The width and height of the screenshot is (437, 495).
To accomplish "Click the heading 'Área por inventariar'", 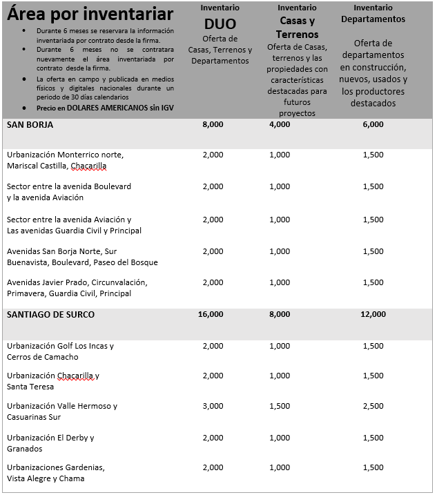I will [90, 14].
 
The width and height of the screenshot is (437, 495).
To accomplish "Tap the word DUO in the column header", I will [220, 24].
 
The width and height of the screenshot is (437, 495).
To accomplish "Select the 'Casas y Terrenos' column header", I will [297, 28].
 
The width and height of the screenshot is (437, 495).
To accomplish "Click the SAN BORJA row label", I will [30, 125].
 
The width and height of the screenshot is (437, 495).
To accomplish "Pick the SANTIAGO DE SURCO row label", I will [51, 314].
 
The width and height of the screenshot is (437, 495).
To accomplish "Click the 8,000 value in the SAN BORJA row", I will [213, 125].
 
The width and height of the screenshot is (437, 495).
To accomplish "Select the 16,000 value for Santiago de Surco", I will [211, 314].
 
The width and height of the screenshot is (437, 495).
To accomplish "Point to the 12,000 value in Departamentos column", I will [373, 314].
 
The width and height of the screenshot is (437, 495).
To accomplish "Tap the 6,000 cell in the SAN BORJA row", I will [373, 125].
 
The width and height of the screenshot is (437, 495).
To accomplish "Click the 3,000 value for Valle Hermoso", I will [213, 406].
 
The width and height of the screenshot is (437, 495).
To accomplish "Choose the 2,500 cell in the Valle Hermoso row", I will [373, 406].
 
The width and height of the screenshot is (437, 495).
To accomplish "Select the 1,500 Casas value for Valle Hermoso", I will [280, 406].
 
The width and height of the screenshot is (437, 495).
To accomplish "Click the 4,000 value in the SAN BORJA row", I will [280, 125].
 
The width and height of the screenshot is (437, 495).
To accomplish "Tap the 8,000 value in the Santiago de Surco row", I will [280, 314].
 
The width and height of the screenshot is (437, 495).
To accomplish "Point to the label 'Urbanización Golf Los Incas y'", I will [60, 346].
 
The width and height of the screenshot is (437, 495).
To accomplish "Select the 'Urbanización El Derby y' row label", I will [50, 438].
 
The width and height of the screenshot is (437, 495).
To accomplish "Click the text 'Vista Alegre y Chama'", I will [46, 478].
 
